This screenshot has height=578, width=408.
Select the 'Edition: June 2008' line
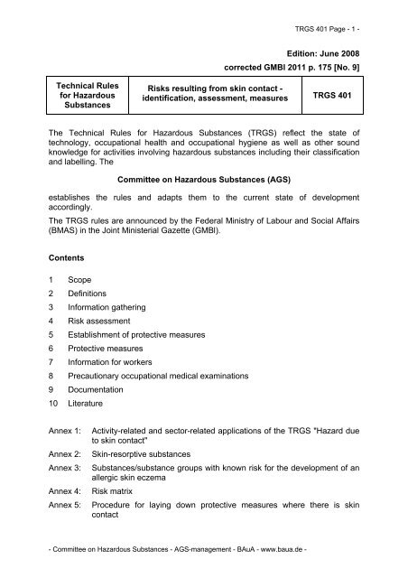334,54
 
